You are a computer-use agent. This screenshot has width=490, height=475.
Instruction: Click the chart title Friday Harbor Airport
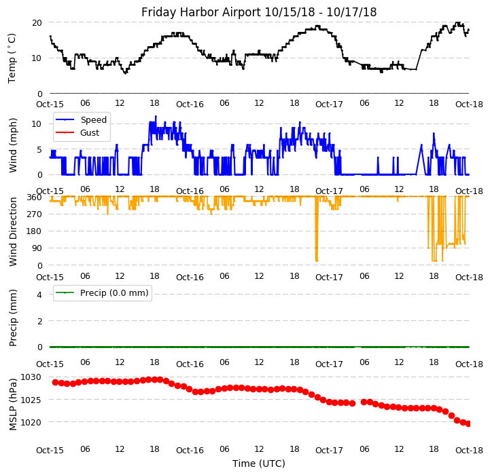coord(259,12)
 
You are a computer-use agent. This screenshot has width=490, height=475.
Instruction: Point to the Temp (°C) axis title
coord(12,58)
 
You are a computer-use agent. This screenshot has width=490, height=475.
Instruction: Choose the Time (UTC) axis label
coord(259,463)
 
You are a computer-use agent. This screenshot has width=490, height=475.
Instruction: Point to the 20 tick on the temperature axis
coord(37,22)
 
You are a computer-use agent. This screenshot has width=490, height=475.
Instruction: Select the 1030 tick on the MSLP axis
coord(31,377)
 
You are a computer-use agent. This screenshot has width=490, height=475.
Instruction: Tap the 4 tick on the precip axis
coord(39,295)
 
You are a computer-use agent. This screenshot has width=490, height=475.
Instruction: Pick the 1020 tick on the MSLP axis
coord(31,422)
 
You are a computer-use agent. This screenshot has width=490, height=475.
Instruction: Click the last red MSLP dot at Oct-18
coord(468,424)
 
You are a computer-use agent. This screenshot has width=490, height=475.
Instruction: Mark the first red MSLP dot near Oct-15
coord(56,382)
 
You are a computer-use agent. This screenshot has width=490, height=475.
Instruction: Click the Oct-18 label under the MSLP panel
coord(469,450)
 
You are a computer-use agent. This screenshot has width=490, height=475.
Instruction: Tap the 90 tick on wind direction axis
coord(37,248)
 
